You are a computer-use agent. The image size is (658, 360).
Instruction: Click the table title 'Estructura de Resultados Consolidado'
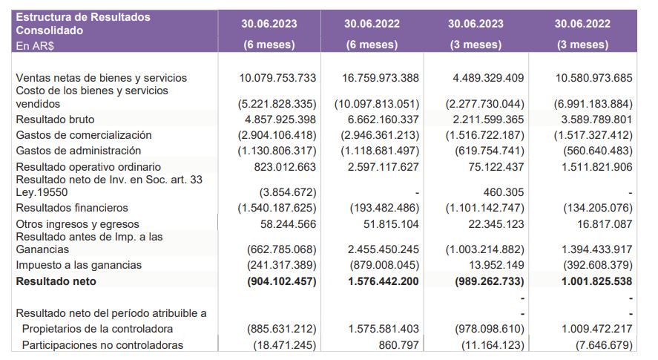coord(82,24)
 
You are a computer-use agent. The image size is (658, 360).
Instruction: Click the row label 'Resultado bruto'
coord(55,120)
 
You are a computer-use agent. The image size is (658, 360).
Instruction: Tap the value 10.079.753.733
coord(278,78)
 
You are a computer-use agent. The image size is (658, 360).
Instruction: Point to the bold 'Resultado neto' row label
coord(56,281)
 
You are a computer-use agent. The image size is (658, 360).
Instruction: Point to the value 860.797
coord(398,344)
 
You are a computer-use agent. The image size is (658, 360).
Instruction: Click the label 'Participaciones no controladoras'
coord(102,344)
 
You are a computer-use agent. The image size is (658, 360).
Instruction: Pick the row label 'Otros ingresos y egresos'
coord(77,224)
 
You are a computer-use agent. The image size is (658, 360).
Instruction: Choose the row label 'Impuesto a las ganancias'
coord(79,265)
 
